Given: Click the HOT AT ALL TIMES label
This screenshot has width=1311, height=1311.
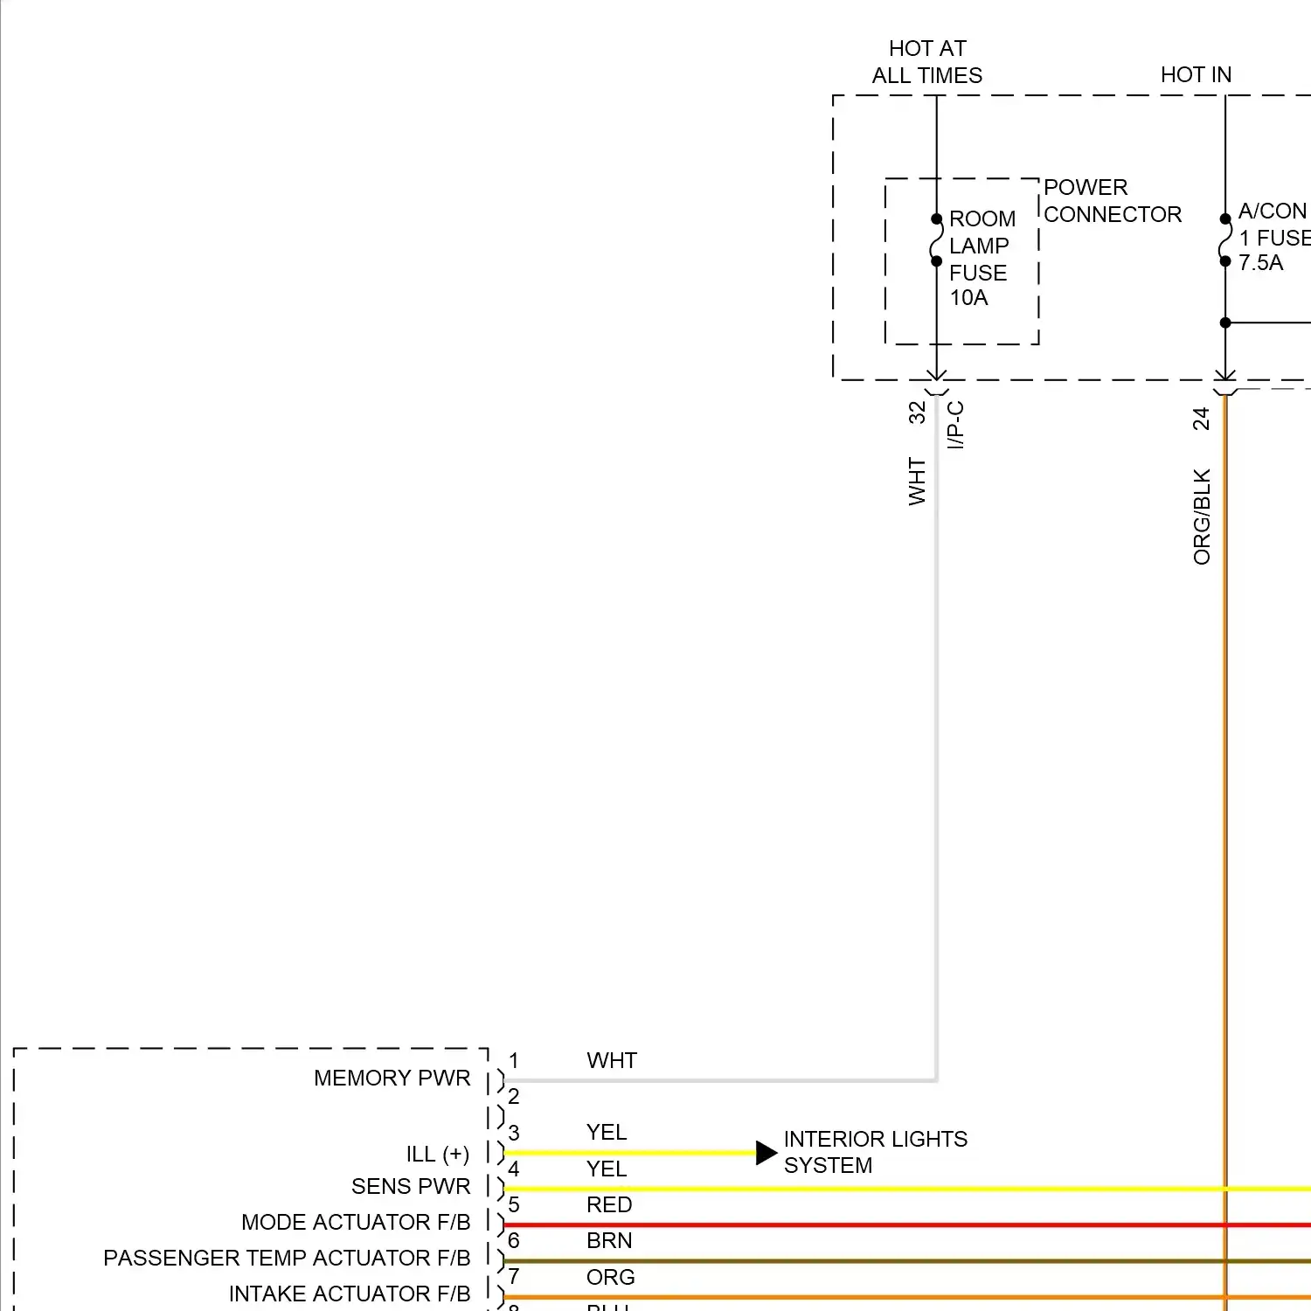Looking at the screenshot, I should [926, 62].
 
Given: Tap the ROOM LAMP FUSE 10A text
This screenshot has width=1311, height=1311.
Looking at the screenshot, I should [981, 258].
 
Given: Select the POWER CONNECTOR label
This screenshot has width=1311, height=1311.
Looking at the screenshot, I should [1112, 201].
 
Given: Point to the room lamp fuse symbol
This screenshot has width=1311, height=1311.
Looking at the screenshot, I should [936, 240].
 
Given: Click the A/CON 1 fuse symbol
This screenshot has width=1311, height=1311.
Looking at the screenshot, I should [1225, 240].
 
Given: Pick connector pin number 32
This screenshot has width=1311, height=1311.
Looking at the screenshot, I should [917, 413].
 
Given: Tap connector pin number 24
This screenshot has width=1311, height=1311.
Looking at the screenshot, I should [1202, 419].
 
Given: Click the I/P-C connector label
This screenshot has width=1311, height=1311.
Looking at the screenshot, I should [956, 425].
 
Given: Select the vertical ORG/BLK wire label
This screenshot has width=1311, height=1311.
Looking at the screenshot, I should [1202, 517].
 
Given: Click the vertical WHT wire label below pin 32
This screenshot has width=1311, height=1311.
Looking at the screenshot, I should [917, 482].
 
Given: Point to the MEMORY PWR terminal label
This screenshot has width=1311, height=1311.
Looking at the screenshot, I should [392, 1079].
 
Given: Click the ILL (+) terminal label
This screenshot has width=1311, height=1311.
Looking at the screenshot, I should [437, 1155].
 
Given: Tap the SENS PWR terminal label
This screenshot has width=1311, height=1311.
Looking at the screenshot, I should [411, 1186].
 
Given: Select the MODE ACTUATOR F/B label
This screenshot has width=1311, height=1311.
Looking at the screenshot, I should [356, 1222].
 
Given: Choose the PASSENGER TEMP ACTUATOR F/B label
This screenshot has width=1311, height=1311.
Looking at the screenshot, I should [287, 1258].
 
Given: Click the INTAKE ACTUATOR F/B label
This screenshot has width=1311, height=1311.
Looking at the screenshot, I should [350, 1294].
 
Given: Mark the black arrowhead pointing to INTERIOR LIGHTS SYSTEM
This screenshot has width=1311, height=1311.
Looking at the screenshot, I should [766, 1153].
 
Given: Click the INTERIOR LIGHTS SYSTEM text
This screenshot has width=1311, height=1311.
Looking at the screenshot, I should [875, 1152].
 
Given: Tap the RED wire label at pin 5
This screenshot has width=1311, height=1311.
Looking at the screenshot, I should [609, 1205].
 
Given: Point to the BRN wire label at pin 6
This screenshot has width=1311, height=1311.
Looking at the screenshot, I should [609, 1241].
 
